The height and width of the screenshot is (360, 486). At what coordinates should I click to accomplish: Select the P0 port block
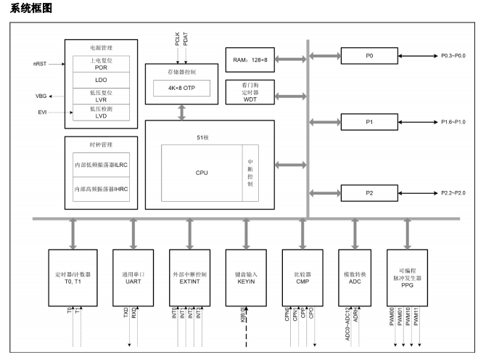click(369, 55)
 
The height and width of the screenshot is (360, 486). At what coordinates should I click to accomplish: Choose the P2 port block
click(369, 193)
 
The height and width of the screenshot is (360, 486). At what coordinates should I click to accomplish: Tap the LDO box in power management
click(101, 77)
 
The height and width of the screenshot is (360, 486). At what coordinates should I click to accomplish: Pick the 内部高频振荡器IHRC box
click(101, 189)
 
